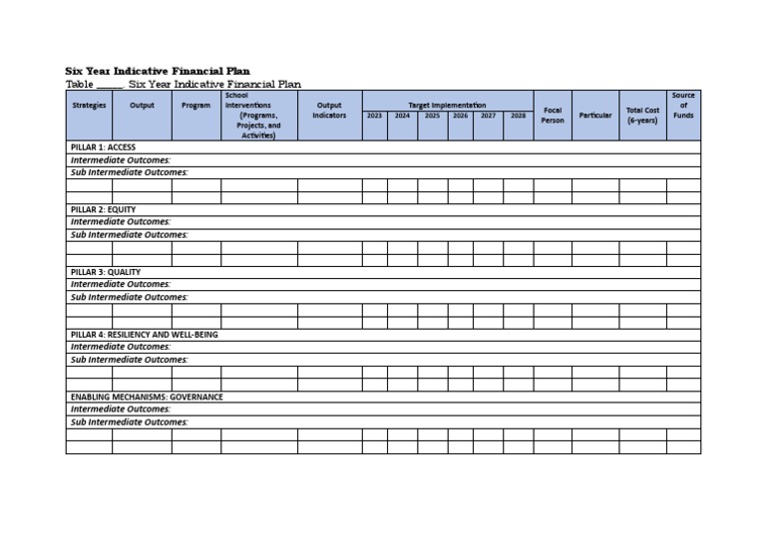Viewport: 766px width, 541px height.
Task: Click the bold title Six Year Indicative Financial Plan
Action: click(x=158, y=72)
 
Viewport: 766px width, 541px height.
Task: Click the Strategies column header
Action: click(x=89, y=106)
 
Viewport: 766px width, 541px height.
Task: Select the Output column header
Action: click(x=142, y=106)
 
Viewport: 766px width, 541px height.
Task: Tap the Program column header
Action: click(x=195, y=106)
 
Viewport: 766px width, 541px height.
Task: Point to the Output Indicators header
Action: click(x=329, y=110)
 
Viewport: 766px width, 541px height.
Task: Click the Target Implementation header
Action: click(x=447, y=105)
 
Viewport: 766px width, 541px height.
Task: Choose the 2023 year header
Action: click(x=374, y=116)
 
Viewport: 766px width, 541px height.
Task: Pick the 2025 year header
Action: click(x=432, y=116)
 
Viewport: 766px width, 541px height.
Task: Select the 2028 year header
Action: click(x=518, y=116)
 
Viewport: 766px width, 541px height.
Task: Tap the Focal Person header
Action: click(x=553, y=115)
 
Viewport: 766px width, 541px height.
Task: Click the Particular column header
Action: click(x=595, y=116)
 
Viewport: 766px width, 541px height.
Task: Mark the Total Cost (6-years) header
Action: click(x=642, y=115)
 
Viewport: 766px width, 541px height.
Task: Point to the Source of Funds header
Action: click(x=683, y=106)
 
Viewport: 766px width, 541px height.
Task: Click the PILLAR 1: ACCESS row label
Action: click(x=103, y=147)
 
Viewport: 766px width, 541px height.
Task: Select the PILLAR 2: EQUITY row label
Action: click(x=103, y=210)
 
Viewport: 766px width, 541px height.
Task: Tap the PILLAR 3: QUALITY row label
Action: click(x=106, y=272)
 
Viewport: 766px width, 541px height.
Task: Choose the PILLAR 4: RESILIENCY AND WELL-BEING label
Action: click(x=144, y=335)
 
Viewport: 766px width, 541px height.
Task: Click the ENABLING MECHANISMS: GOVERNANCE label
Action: click(x=147, y=397)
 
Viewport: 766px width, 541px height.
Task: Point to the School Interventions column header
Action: click(x=258, y=116)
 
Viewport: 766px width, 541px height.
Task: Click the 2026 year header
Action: click(x=460, y=116)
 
